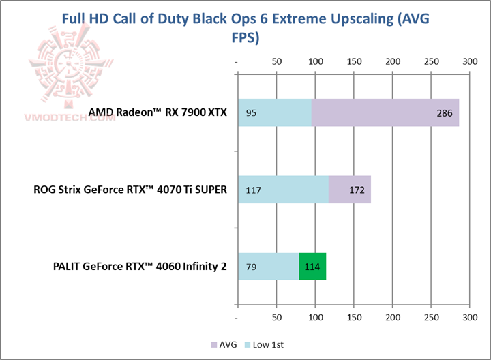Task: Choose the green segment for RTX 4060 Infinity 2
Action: (312, 266)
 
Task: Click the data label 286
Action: (444, 113)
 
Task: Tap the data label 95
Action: (251, 113)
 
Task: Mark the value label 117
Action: (254, 190)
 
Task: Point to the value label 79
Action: (251, 267)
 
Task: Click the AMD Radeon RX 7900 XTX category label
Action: (158, 112)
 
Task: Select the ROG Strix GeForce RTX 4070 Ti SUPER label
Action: (130, 190)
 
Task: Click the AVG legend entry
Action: (224, 345)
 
